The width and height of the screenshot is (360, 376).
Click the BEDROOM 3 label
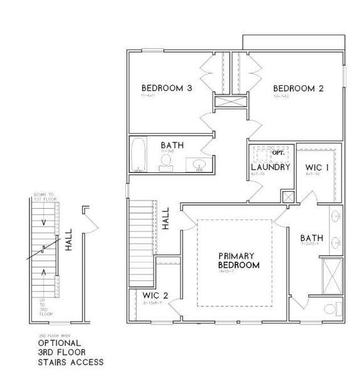tap(166, 88)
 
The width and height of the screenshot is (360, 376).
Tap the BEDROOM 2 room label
tap(298, 88)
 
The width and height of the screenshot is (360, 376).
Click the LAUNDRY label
tap(270, 167)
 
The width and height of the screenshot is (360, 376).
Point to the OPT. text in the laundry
tap(278, 152)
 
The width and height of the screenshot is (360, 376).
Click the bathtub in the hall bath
tap(139, 155)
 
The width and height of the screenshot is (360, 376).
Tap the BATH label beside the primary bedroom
tap(312, 238)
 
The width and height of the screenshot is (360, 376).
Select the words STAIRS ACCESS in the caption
tap(70, 362)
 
